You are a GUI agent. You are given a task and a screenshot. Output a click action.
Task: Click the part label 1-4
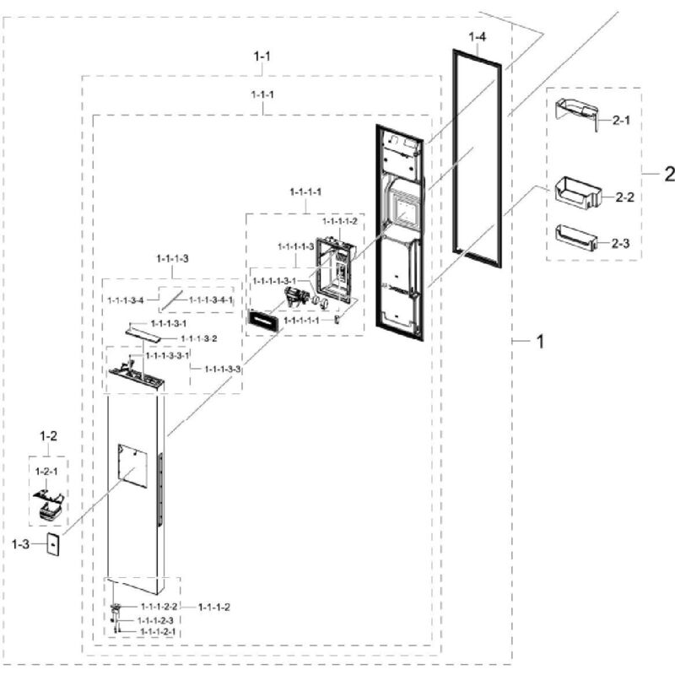477,37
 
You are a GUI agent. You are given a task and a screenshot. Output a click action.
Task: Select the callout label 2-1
621,120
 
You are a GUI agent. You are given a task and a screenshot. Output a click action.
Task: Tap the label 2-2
624,197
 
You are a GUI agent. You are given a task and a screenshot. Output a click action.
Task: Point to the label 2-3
620,244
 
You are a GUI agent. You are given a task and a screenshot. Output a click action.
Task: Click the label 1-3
20,544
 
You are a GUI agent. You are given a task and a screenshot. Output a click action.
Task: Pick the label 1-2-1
46,472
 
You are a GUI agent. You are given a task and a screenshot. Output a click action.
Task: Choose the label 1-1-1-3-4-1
211,300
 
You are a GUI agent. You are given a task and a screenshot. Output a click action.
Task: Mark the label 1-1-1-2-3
155,620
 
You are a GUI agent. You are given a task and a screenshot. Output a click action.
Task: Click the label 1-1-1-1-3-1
274,281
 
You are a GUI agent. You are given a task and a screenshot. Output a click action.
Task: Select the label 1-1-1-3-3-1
167,355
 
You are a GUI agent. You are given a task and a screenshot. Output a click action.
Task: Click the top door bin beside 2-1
577,114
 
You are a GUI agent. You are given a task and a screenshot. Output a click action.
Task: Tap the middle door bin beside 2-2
578,194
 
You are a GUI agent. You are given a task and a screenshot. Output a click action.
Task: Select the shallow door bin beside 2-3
576,239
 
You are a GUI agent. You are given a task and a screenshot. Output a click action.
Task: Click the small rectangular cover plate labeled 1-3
52,544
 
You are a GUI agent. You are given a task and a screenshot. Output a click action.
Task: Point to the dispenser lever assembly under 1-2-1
48,507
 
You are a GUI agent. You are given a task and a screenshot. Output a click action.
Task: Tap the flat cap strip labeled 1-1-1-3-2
143,334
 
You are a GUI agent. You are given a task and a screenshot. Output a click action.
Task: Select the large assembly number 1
540,342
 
